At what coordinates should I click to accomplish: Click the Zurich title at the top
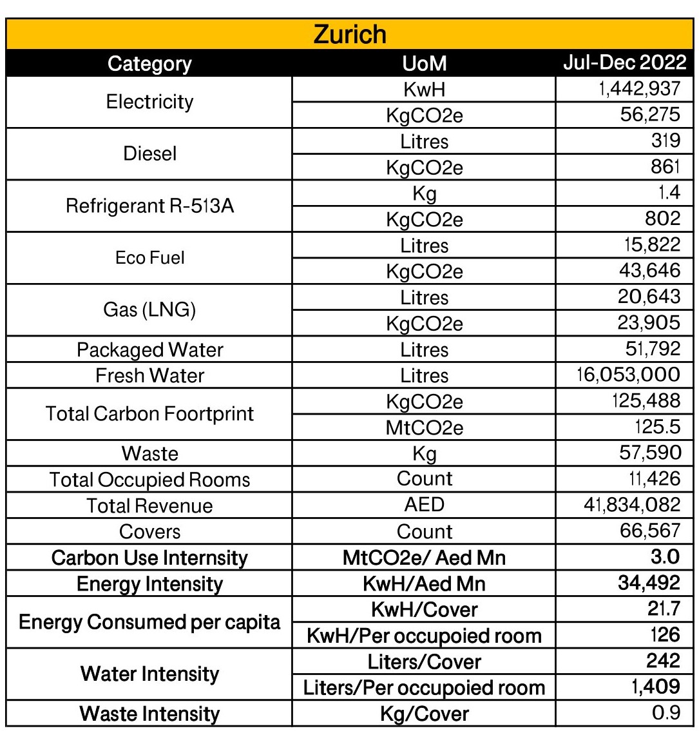(x=350, y=34)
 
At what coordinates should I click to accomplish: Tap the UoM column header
(x=424, y=63)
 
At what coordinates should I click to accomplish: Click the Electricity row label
(x=149, y=102)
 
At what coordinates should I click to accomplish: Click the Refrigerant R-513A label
(x=149, y=206)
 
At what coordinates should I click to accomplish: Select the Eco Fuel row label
(x=149, y=258)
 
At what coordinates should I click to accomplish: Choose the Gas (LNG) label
(x=149, y=309)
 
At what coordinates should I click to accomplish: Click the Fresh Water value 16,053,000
(x=630, y=375)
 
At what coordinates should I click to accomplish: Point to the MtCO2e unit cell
(x=424, y=427)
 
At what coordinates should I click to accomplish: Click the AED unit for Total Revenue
(x=424, y=505)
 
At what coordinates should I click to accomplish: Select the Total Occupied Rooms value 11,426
(x=656, y=479)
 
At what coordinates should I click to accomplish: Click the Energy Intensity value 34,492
(x=649, y=583)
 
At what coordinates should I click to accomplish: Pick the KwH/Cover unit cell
(x=424, y=609)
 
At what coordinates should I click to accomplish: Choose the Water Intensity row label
(x=149, y=674)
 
